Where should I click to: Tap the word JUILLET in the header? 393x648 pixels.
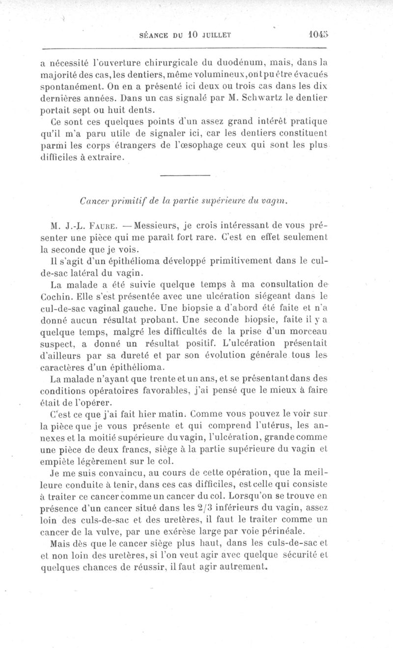212,35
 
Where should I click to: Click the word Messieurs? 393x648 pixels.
155,227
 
